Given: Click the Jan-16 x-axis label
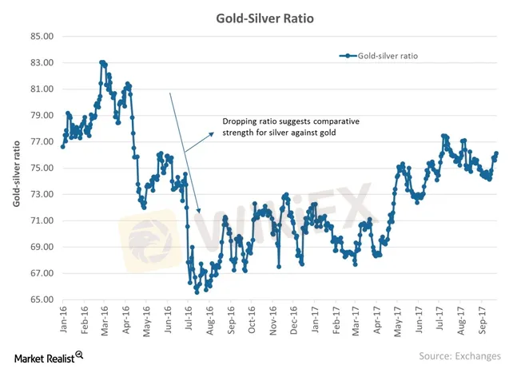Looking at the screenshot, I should [x=64, y=317].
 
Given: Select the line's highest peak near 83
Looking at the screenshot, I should [x=102, y=62].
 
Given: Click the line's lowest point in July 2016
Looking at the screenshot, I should [x=197, y=292].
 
